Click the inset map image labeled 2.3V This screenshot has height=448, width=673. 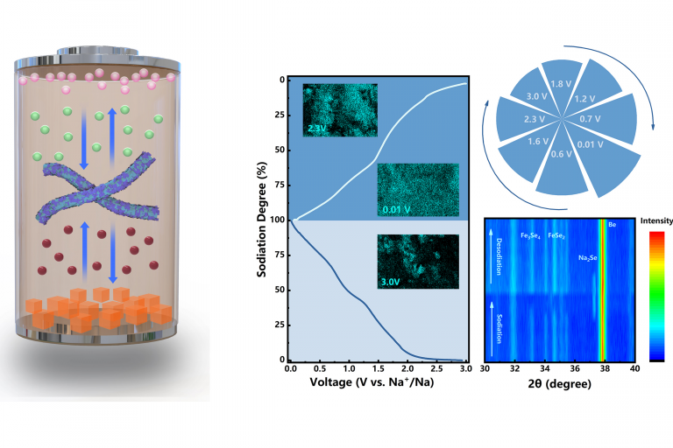[x=339, y=109]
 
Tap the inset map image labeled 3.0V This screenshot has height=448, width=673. [x=417, y=262]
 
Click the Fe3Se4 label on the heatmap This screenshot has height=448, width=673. [x=535, y=236]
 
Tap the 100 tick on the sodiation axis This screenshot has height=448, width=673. [x=276, y=220]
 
